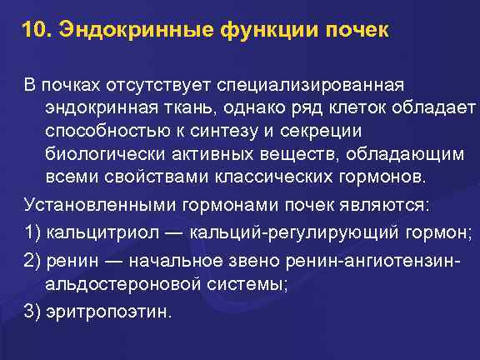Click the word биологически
(99, 156)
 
